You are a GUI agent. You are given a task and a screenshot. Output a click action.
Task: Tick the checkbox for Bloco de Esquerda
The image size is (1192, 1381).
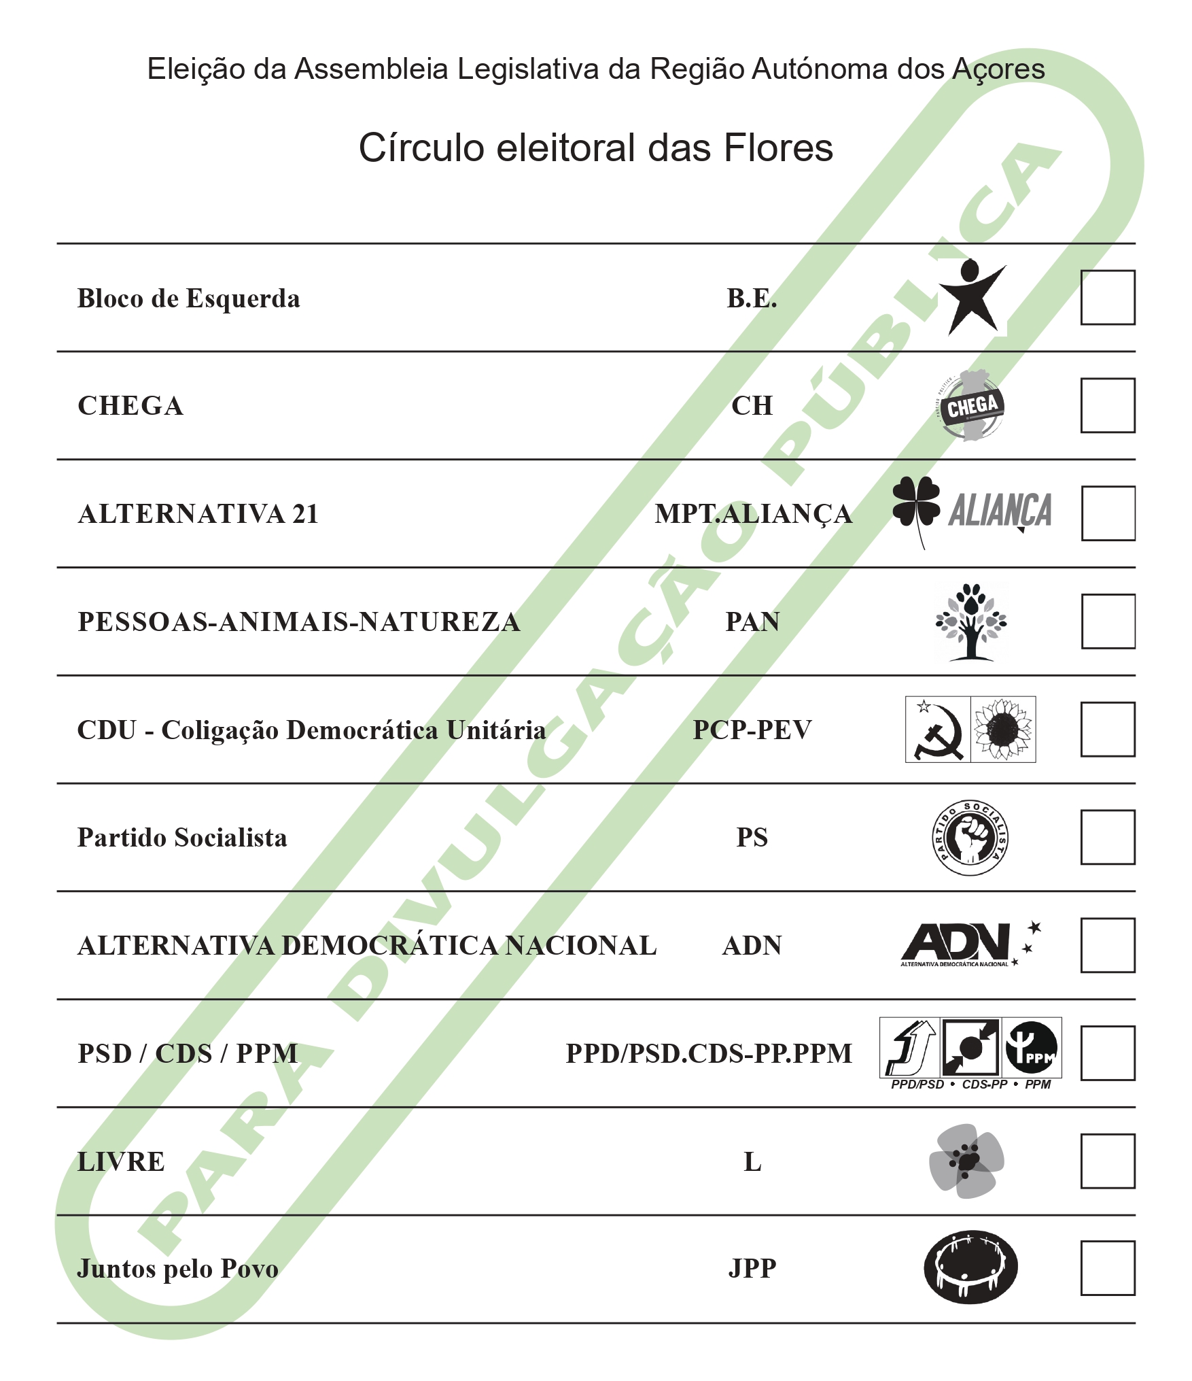coord(1108,298)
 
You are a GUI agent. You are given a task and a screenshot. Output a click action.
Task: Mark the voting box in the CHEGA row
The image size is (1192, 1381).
coord(1108,405)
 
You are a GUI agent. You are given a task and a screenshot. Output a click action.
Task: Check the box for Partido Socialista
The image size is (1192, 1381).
coord(1108,837)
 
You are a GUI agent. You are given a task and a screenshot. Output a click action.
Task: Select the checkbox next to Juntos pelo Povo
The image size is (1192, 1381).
coord(1108,1268)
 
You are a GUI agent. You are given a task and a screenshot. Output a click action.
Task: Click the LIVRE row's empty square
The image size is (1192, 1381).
coord(1108,1161)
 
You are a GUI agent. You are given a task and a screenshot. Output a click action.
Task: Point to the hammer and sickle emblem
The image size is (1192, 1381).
coord(938,730)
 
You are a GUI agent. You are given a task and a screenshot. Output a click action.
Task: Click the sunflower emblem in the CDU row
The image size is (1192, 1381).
coord(1003,730)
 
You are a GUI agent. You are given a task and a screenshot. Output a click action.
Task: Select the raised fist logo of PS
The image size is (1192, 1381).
coord(970,838)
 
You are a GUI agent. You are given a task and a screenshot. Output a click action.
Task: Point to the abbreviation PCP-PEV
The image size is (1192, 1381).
coord(752,730)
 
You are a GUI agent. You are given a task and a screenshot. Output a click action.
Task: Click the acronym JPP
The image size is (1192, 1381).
coord(752,1268)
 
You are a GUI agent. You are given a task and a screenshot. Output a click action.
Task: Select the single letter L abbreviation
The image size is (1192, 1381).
coord(752,1161)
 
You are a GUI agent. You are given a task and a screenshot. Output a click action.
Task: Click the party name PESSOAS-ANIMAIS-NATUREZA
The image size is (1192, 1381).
coord(299,621)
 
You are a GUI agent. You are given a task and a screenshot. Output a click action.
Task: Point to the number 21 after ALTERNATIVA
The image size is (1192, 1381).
coord(305,514)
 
